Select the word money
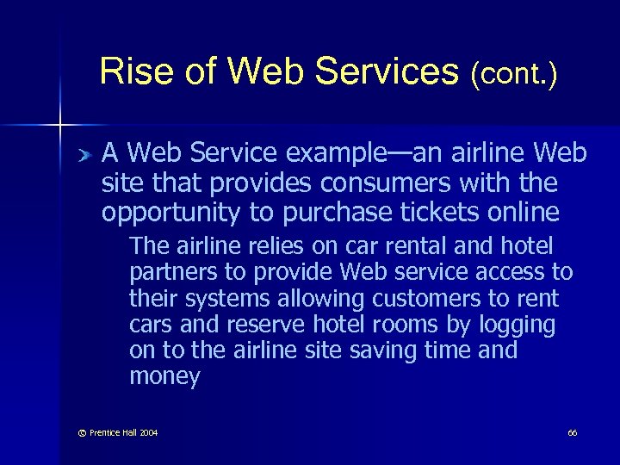164,377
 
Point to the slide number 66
572,432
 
